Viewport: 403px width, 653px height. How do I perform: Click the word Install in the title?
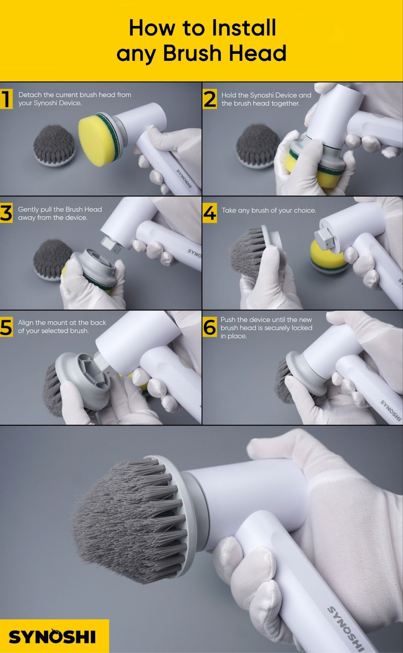pyautogui.click(x=243, y=28)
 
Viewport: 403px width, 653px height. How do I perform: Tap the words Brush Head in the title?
pyautogui.click(x=224, y=53)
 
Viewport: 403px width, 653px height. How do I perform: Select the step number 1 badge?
pyautogui.click(x=6, y=99)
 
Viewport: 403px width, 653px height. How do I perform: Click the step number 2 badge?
pyautogui.click(x=210, y=99)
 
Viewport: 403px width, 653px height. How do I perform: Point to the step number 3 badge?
pyautogui.click(x=6, y=213)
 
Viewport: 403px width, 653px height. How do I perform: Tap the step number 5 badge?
pyautogui.click(x=6, y=327)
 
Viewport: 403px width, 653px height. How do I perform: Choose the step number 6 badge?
pyautogui.click(x=210, y=327)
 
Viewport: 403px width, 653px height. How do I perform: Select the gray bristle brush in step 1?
pyautogui.click(x=54, y=145)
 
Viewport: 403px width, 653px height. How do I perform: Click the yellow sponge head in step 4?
pyautogui.click(x=328, y=257)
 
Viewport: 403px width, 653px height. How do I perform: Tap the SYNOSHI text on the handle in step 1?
pyautogui.click(x=184, y=178)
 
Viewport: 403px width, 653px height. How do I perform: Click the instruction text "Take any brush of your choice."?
pyautogui.click(x=269, y=211)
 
